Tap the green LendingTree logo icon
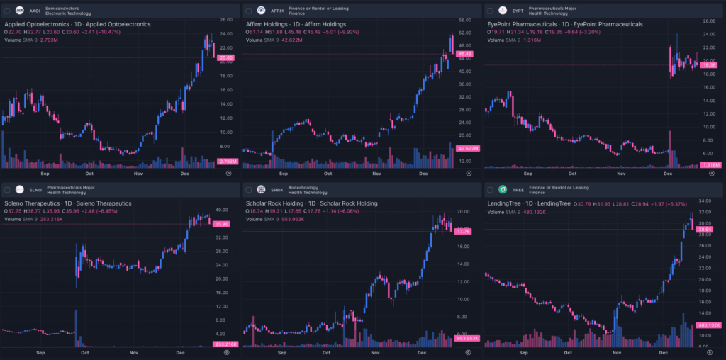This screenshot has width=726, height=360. tap(503, 190)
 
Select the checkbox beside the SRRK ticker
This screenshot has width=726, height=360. tap(248, 190)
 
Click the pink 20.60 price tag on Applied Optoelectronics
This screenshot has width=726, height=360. tap(226, 58)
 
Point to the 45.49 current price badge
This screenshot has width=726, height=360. tap(466, 54)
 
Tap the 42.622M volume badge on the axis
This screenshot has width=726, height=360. tap(467, 148)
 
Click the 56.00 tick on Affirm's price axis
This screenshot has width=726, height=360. tap(465, 20)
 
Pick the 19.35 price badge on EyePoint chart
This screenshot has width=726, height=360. tap(708, 65)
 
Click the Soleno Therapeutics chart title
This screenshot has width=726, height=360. tap(68, 203)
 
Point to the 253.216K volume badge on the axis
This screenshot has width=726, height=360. tap(225, 344)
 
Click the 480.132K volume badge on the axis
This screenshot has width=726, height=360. tap(708, 325)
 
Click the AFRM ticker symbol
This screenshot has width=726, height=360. tap(277, 11)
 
